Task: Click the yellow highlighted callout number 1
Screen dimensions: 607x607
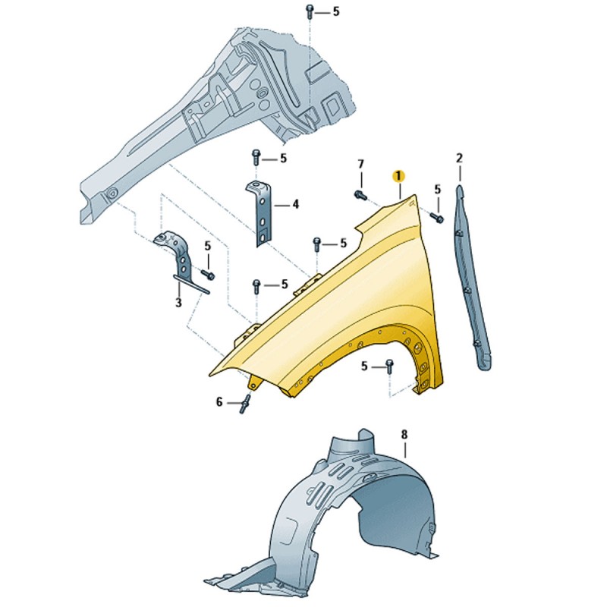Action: pyautogui.click(x=398, y=176)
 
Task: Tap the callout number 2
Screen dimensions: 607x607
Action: pyautogui.click(x=460, y=158)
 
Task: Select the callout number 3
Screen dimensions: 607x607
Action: pyautogui.click(x=178, y=302)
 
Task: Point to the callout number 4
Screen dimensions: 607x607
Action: pyautogui.click(x=296, y=204)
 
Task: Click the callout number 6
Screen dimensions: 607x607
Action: pyautogui.click(x=219, y=403)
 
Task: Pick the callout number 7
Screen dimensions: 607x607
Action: pyautogui.click(x=361, y=164)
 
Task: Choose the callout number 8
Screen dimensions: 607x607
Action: pyautogui.click(x=404, y=435)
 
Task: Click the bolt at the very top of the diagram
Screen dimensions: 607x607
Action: pyautogui.click(x=310, y=11)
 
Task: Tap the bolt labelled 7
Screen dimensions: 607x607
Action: pyautogui.click(x=360, y=195)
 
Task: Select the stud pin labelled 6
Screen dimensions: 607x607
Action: pyautogui.click(x=245, y=404)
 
